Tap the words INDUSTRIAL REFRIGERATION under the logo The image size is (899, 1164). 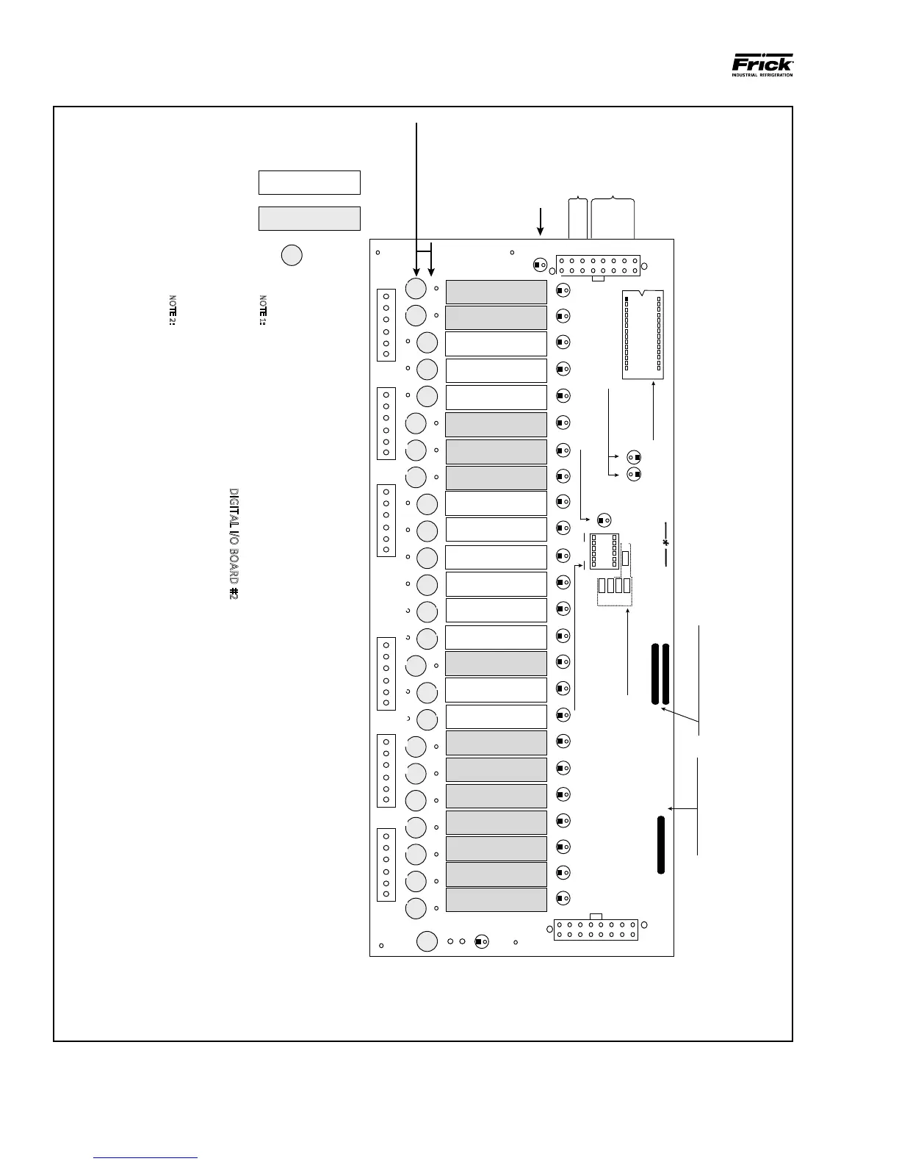pos(762,75)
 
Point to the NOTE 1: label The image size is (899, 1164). pos(263,311)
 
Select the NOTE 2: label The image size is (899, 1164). pos(173,311)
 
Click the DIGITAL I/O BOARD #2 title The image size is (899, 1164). pos(234,544)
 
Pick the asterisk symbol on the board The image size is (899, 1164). pos(665,543)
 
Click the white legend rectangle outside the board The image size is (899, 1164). pos(309,182)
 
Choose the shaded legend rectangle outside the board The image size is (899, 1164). pos(309,218)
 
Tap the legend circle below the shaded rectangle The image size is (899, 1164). pos(292,254)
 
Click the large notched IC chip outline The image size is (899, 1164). pos(643,334)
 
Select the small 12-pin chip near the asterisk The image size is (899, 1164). pos(604,550)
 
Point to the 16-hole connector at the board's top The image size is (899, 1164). pos(598,265)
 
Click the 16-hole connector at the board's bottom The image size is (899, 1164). pos(596,930)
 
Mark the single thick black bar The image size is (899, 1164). pos(661,844)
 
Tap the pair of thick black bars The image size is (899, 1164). pos(660,673)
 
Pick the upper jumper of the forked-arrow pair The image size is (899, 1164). pos(635,458)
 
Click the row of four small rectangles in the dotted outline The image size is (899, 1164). pos(614,586)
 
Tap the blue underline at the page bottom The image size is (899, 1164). pos(145,1157)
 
